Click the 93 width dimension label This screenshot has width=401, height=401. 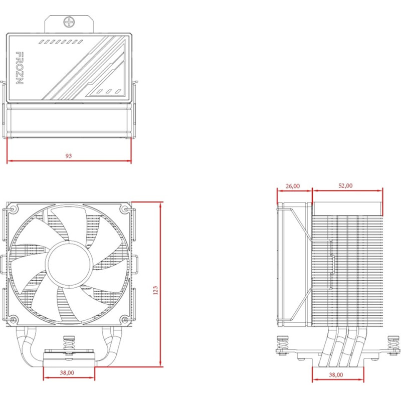pyautogui.click(x=69, y=156)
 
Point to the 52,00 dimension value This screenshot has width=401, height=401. pyautogui.click(x=345, y=185)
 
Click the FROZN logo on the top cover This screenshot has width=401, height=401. pyautogui.click(x=19, y=68)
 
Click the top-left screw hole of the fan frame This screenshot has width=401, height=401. pyautogui.click(x=13, y=209)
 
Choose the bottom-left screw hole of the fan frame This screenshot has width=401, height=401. pyautogui.click(x=13, y=319)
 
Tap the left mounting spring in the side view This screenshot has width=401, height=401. pyautogui.click(x=282, y=345)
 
